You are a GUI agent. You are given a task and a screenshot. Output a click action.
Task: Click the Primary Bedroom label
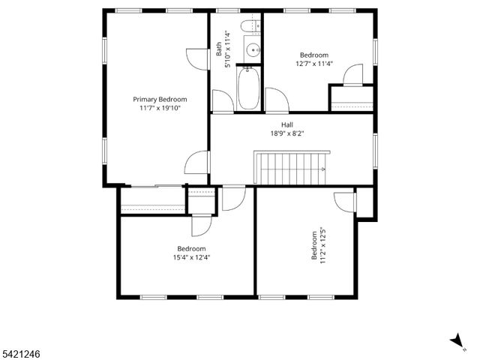coord(160,99)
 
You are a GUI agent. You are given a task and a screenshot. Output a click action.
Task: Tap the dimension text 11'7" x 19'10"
coord(160,109)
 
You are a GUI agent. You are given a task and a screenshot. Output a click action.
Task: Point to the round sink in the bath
coord(251,51)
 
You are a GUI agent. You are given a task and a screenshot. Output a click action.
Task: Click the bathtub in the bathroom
coord(248,88)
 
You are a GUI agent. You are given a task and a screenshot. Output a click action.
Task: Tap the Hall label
coord(287,124)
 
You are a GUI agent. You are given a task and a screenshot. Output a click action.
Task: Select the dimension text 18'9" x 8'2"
coord(287,133)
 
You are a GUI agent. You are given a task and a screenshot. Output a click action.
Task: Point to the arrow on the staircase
coord(322,170)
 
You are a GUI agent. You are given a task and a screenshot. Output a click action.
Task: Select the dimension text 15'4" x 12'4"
coord(191,258)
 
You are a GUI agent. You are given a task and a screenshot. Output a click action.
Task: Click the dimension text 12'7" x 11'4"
coord(314,64)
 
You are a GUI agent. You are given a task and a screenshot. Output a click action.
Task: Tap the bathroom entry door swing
coord(223,101)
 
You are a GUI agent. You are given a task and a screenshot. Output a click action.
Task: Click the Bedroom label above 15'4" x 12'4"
coord(191,249)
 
